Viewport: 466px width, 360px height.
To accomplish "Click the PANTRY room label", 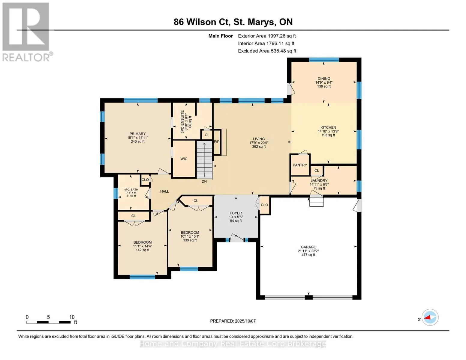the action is [300, 165].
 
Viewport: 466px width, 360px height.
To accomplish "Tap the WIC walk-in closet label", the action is [184, 159].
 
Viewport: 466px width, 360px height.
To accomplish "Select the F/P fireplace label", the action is [217, 142].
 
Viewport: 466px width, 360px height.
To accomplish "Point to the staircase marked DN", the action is [205, 160].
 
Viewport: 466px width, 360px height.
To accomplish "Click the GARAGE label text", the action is [308, 247].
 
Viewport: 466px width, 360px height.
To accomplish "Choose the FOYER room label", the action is [236, 213].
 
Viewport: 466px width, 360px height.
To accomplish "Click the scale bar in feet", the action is [48, 322].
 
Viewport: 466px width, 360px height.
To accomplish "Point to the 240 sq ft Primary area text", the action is [138, 142].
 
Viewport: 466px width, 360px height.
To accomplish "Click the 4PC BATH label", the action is [131, 190].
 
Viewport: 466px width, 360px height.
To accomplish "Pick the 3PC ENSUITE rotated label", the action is [182, 122].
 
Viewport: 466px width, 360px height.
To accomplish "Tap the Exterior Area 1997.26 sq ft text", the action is [267, 36].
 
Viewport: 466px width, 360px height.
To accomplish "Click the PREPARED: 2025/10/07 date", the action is [233, 321].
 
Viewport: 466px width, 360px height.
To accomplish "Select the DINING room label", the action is [324, 79].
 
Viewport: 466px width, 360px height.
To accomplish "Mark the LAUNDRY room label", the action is [319, 181].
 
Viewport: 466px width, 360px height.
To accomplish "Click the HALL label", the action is [164, 191].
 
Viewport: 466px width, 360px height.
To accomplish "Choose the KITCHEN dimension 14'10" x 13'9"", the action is [328, 131].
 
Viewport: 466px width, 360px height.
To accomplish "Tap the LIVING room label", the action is [259, 139].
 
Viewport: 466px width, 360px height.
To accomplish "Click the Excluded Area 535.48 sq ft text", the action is [267, 51].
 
